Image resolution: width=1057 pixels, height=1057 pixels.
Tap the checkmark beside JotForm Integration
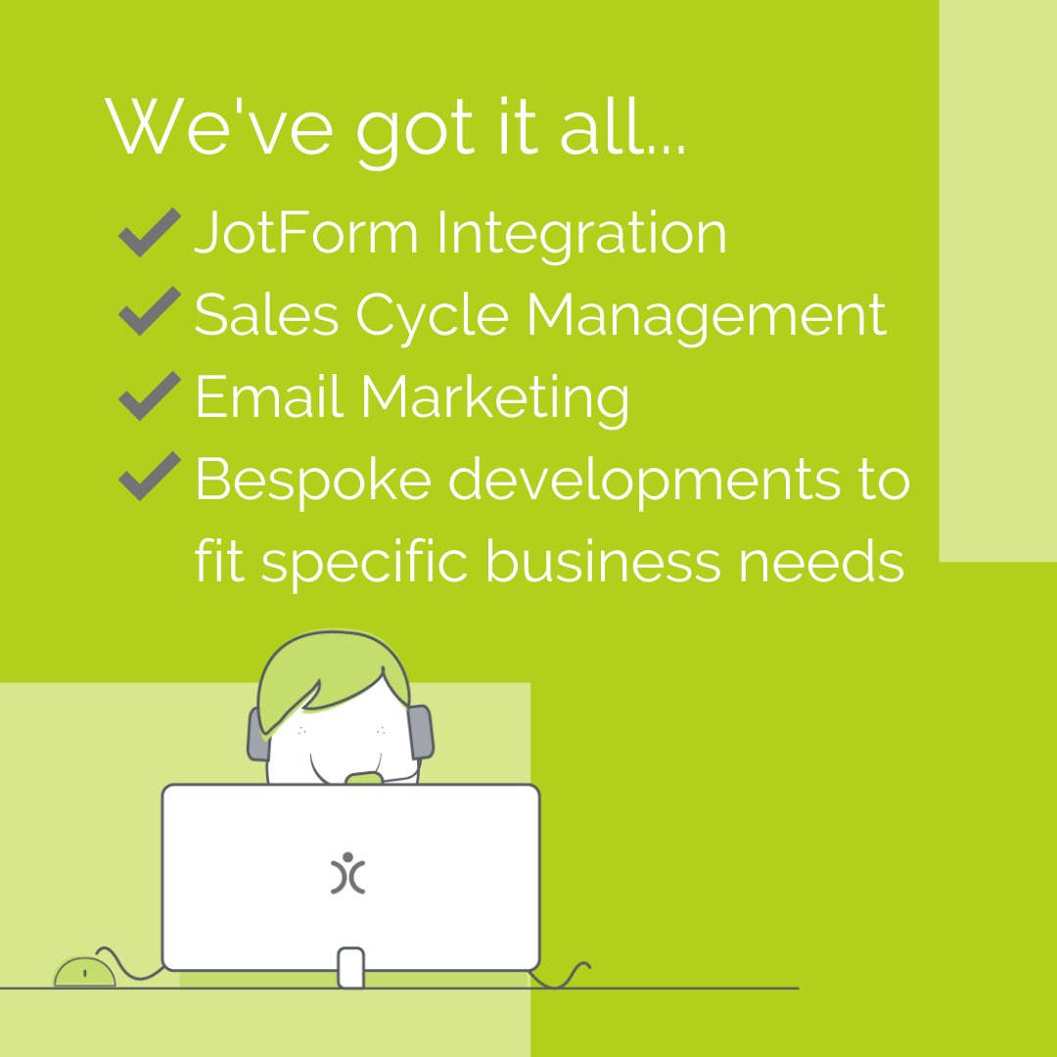149,233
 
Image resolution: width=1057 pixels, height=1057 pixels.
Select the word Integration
581,235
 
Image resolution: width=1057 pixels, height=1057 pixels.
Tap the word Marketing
494,398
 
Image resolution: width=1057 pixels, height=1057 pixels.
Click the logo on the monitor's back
348,873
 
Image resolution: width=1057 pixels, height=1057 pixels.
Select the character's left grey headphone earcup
258,734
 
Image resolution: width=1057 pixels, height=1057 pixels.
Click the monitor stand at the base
350,966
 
